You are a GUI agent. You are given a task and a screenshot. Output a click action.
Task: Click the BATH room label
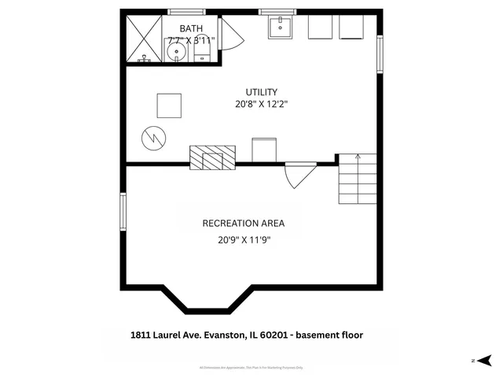coord(189,28)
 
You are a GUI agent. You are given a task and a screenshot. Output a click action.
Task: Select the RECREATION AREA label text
coord(244,223)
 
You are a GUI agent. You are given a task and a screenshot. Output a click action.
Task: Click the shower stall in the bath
coord(144,39)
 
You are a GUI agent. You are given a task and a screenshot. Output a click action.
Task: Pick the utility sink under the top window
coord(281,27)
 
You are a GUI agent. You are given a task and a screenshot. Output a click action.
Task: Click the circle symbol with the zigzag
coord(152,139)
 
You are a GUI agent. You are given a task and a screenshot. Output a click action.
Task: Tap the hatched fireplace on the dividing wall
coord(212,157)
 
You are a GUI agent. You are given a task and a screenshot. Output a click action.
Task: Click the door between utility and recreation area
coord(299,174)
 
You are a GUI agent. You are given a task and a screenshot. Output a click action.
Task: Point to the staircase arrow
coord(358,157)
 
